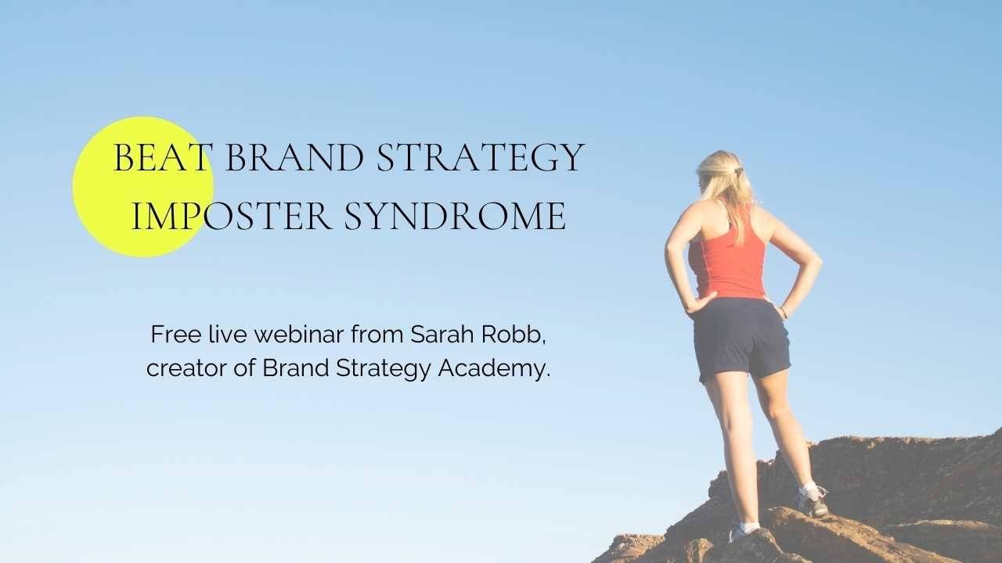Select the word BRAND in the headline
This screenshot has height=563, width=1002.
294,158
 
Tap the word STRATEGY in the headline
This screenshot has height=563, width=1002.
480,158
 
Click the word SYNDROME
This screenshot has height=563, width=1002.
455,216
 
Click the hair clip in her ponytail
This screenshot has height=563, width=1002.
737,170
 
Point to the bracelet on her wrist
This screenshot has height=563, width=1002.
783,313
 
